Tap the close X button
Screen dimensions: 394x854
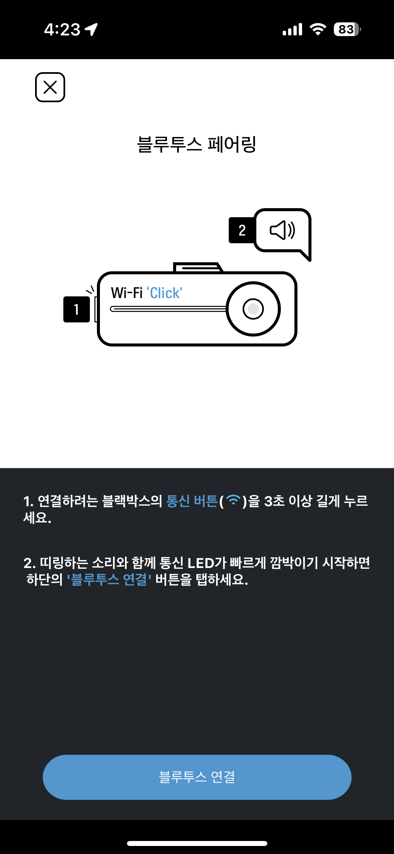pyautogui.click(x=50, y=87)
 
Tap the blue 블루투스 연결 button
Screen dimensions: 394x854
pyautogui.click(x=197, y=777)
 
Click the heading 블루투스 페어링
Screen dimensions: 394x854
pyautogui.click(x=196, y=144)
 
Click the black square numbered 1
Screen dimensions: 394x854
pyautogui.click(x=77, y=309)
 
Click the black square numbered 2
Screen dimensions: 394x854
pyautogui.click(x=242, y=230)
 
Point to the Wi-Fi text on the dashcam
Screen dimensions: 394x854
pyautogui.click(x=127, y=293)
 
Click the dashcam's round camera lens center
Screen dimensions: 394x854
pyautogui.click(x=253, y=309)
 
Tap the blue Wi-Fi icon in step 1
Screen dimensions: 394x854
pyautogui.click(x=234, y=500)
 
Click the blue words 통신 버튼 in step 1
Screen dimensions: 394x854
pyautogui.click(x=192, y=501)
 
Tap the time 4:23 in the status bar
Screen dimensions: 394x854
pyautogui.click(x=62, y=29)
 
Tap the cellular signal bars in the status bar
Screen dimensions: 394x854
pyautogui.click(x=292, y=29)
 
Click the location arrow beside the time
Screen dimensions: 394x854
pyautogui.click(x=91, y=29)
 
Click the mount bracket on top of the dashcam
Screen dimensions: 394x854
pyautogui.click(x=198, y=267)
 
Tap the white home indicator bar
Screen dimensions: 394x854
pyautogui.click(x=197, y=843)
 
